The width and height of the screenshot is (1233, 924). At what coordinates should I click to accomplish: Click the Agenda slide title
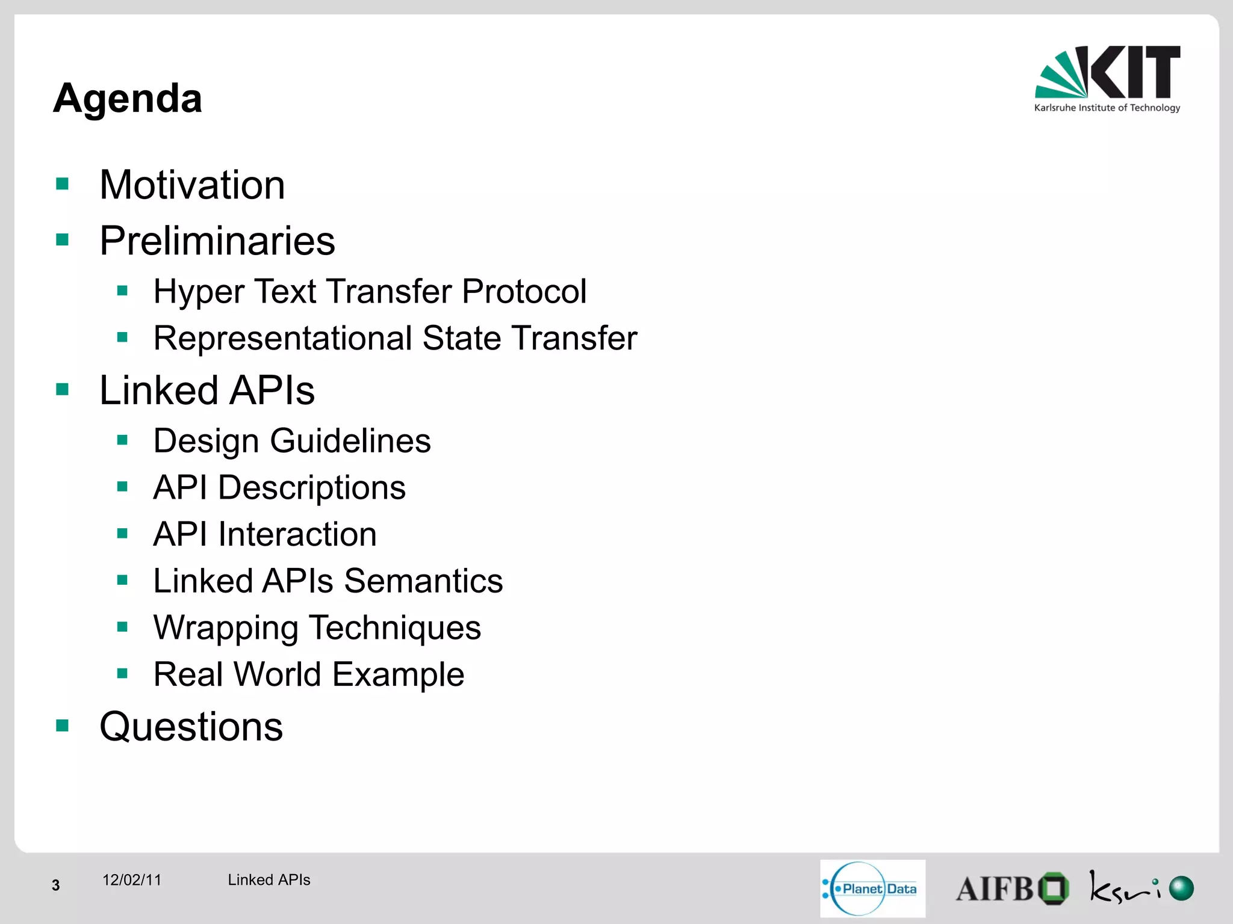[x=128, y=98]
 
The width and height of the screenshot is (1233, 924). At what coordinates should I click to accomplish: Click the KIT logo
[x=1107, y=79]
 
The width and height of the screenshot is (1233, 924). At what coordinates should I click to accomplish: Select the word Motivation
[x=192, y=185]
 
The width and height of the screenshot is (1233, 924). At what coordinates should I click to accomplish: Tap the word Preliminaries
[x=217, y=241]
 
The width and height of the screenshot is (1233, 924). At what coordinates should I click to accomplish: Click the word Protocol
[x=524, y=292]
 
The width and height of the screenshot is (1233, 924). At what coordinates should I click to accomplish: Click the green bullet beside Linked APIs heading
[x=63, y=390]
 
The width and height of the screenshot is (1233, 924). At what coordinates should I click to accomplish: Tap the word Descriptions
[x=311, y=487]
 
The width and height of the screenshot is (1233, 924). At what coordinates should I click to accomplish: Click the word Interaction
[x=297, y=534]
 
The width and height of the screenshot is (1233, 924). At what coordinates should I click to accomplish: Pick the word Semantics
[x=423, y=581]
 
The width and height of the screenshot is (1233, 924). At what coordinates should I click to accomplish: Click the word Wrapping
[x=226, y=628]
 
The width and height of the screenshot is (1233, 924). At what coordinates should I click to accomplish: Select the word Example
[x=398, y=674]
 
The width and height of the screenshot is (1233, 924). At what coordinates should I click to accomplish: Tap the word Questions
[x=191, y=727]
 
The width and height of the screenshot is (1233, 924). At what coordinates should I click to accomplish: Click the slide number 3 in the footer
[x=56, y=885]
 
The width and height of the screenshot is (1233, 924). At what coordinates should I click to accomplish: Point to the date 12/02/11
[x=132, y=880]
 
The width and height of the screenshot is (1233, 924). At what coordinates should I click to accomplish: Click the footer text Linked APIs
[x=269, y=880]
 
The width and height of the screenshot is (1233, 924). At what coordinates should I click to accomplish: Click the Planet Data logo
[x=872, y=889]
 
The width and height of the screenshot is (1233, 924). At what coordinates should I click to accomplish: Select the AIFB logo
[x=1011, y=889]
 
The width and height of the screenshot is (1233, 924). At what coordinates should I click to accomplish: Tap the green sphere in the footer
[x=1181, y=888]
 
